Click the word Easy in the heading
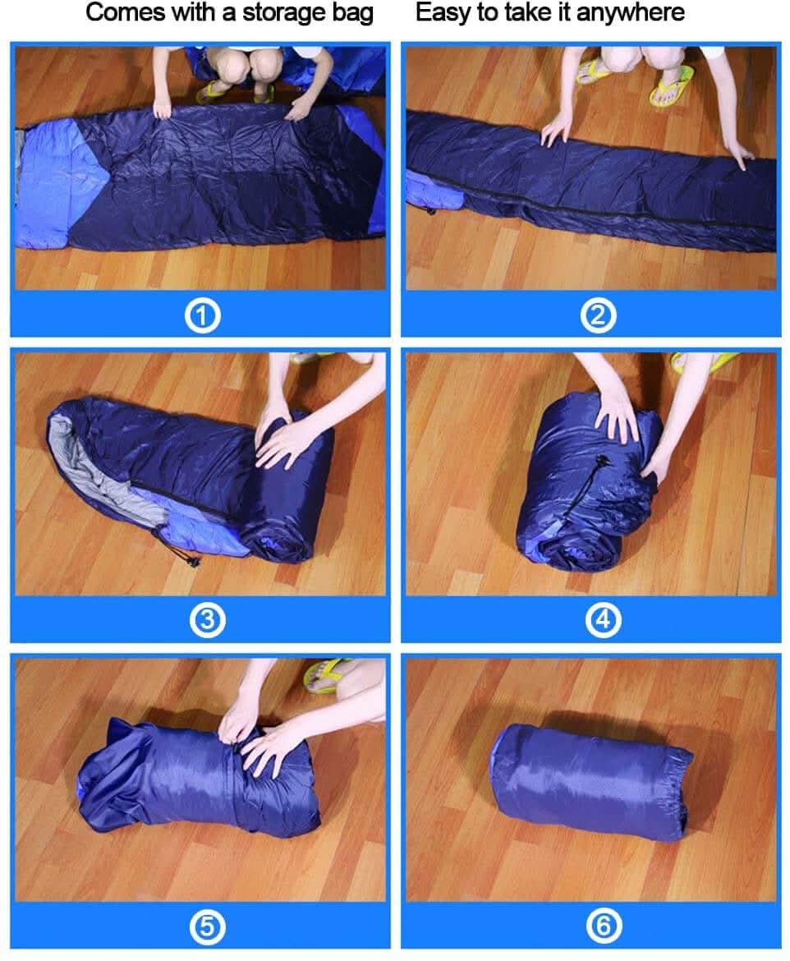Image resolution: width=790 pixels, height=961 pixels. [443, 13]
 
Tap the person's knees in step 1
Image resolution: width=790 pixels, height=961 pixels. [242, 61]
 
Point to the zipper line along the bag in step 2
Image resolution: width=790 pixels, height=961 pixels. [599, 212]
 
